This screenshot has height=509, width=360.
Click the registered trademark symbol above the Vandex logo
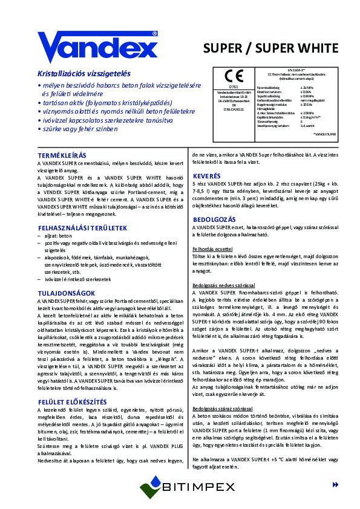pos(155,34)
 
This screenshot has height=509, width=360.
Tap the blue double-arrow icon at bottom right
pos(336,485)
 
